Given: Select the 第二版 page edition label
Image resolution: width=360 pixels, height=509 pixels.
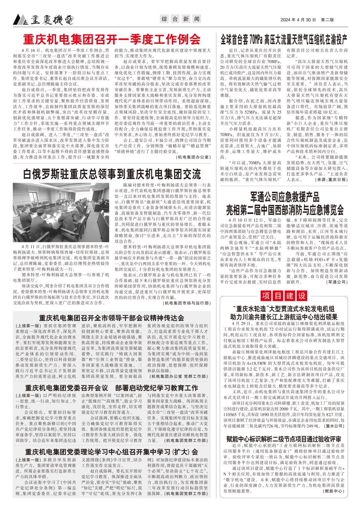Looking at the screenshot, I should click(328, 20).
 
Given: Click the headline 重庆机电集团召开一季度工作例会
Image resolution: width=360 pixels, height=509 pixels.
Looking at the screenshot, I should click(112, 39).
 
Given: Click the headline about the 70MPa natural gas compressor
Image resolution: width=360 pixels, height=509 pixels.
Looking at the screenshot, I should click(284, 40).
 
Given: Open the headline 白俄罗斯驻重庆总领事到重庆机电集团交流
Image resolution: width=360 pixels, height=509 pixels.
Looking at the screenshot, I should click(112, 174).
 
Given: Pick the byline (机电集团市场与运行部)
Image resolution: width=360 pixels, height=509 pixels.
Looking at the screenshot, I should click(187, 303).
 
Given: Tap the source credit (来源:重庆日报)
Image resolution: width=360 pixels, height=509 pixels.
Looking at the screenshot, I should click(331, 179).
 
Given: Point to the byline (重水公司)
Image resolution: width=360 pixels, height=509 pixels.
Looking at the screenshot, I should click(335, 426).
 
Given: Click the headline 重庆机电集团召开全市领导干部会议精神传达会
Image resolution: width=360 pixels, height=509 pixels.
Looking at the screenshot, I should click(112, 318).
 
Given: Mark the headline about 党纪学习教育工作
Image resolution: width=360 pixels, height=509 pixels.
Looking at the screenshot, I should click(112, 388).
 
